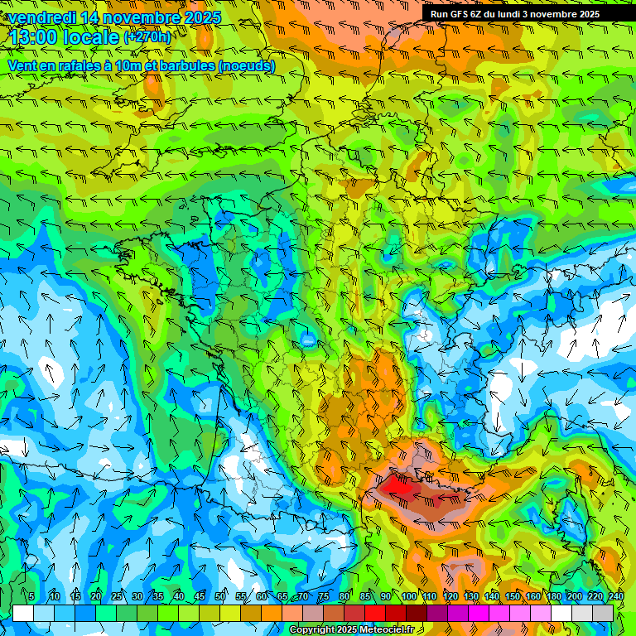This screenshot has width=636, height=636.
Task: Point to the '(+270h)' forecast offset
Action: click(147, 37)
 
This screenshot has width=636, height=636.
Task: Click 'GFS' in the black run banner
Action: click(460, 14)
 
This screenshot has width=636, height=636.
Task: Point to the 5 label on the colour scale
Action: click(31, 596)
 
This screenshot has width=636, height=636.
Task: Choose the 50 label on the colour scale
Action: click(220, 596)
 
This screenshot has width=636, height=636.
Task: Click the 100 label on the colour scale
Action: click(408, 596)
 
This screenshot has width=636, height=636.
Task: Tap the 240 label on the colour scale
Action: click(616, 596)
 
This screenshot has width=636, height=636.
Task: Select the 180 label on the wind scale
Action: click(554, 596)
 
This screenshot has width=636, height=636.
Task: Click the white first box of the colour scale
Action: click(23, 613)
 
